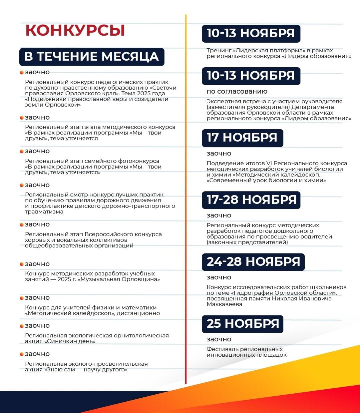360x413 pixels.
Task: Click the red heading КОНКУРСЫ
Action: [75, 30]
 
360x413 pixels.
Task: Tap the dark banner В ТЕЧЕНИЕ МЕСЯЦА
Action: [92, 57]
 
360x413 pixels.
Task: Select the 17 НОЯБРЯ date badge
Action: [242, 138]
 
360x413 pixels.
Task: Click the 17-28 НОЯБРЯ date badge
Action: [251, 200]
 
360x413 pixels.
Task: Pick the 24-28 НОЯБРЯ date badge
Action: [253, 262]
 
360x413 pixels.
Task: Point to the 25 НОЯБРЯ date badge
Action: [242, 324]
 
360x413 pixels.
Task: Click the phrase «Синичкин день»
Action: [70, 341]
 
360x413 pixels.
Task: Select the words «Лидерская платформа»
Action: [269, 51]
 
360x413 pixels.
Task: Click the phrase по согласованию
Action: [237, 92]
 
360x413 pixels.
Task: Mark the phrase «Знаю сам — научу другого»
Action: [86, 370]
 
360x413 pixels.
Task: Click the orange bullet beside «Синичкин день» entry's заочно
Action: [22, 326]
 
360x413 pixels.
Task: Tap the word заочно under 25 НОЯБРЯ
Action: [219, 339]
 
